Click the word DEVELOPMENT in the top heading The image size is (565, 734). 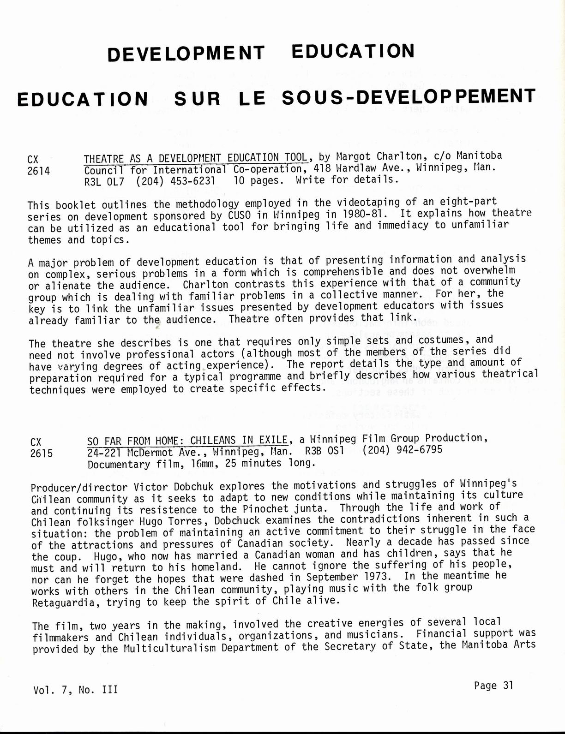pos(186,53)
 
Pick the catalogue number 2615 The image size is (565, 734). pos(42,453)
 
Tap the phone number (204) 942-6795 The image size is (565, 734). pos(402,449)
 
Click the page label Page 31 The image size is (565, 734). pos(493,686)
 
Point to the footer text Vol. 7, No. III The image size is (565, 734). pos(75,690)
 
